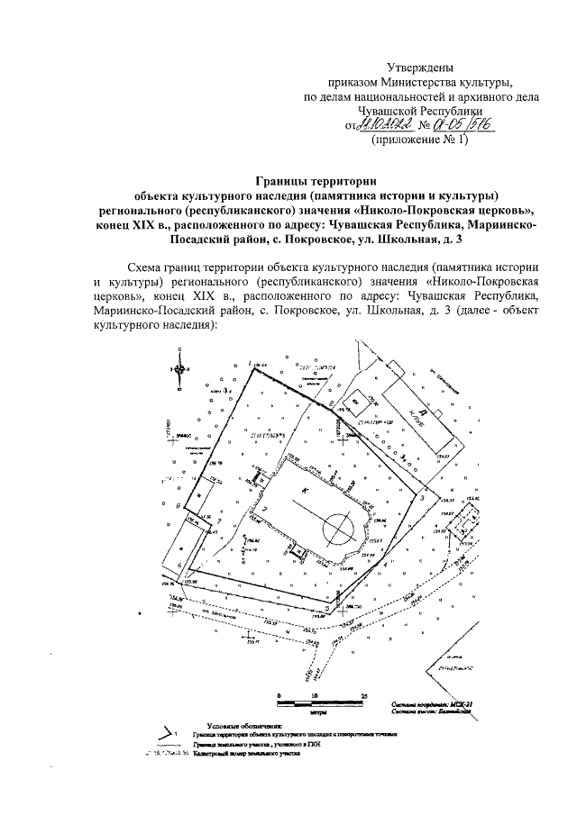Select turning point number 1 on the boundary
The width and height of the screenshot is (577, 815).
click(x=250, y=363)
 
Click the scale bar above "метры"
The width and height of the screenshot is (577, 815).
click(x=321, y=703)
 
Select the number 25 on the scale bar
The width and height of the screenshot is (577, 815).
click(x=362, y=695)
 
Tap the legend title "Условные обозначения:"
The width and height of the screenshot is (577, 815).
click(x=243, y=725)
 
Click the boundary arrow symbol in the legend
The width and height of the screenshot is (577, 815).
click(x=165, y=734)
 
